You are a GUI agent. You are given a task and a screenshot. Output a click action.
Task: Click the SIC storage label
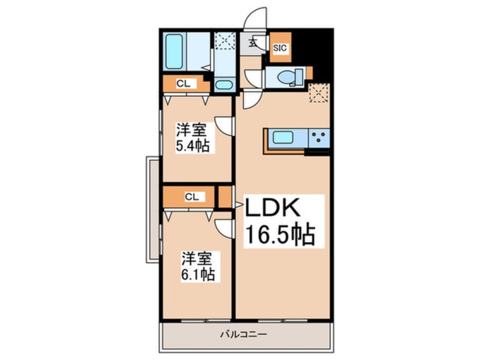pyautogui.click(x=280, y=48)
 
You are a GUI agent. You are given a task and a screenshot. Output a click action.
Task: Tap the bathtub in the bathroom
pyautogui.click(x=175, y=51)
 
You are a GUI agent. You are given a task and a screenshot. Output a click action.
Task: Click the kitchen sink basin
pyautogui.click(x=284, y=137)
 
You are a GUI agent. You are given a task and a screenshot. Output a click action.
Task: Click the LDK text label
pyautogui.click(x=272, y=208)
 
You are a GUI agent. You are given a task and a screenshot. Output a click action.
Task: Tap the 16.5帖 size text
pyautogui.click(x=280, y=235)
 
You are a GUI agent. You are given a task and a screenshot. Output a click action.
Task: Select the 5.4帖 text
pyautogui.click(x=192, y=146)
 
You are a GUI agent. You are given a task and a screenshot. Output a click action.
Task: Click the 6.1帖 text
pyautogui.click(x=197, y=274)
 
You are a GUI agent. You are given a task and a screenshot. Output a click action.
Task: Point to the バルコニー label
pyautogui.click(x=243, y=334)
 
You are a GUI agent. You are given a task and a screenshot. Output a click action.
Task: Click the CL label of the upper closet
pyautogui.click(x=183, y=83)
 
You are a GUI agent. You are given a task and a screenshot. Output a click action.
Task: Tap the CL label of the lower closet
pyautogui.click(x=192, y=197)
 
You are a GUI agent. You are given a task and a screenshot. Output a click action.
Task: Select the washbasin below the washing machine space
pyautogui.click(x=224, y=85)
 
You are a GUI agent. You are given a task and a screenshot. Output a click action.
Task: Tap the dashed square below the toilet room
pyautogui.click(x=319, y=93)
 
